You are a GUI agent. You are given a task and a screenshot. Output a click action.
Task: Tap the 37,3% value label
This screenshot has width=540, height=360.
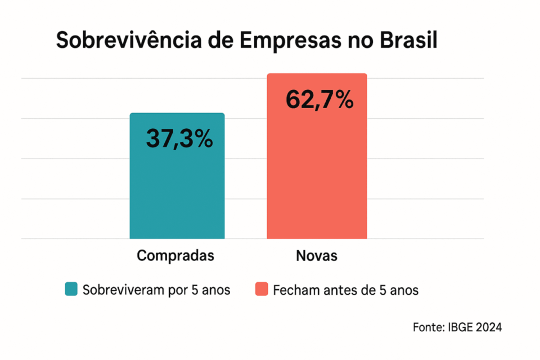tap(179, 138)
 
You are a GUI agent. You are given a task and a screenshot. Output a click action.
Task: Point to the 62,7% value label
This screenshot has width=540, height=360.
tap(319, 100)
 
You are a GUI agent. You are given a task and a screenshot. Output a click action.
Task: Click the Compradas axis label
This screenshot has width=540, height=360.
tap(175, 256)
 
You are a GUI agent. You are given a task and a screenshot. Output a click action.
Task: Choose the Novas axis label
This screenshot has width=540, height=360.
tap(317, 256)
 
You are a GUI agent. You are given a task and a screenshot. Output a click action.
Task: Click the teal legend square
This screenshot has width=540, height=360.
tap(71, 290)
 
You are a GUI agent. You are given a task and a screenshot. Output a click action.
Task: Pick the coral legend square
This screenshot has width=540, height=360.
tap(261, 290)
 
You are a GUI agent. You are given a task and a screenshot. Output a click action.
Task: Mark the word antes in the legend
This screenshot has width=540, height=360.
tap(339, 290)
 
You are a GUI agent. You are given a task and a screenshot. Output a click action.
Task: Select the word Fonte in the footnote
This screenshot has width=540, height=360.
tap(427, 327)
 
